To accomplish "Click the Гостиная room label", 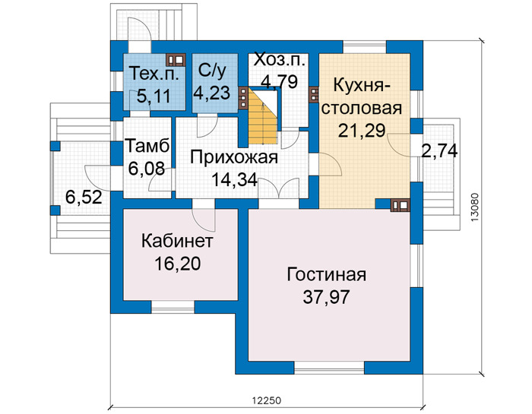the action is [326, 275].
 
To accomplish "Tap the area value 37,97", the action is [326, 297].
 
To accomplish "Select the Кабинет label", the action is [177, 241].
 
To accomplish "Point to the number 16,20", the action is [177, 264].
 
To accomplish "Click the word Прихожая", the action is [234, 158].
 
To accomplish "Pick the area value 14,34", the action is [234, 180].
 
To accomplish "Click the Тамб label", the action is [147, 147].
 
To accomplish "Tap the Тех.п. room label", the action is [154, 73].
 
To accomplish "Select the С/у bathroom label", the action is [212, 71].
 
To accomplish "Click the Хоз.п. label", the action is [279, 60].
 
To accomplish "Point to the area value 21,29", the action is [362, 131].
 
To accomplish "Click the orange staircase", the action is [263, 116].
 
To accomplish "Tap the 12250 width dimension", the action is [266, 400].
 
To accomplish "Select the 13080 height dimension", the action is [475, 207].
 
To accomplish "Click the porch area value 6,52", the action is [84, 198].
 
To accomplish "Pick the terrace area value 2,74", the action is [439, 151].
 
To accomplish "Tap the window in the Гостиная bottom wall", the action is [329, 367].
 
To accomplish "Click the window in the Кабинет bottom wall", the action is [173, 307].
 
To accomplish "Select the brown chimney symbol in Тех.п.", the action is [176, 60].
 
